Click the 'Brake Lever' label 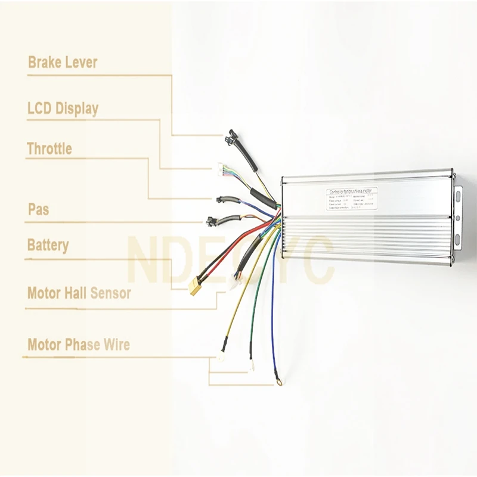(62, 63)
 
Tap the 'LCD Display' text (63, 109)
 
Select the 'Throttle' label (49, 149)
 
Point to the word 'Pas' (39, 210)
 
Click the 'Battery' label (48, 246)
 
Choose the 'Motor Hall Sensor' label (79, 293)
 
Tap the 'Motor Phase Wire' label (78, 345)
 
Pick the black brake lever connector (230, 138)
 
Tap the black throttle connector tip (221, 199)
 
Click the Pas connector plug (212, 221)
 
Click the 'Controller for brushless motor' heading (351, 191)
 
